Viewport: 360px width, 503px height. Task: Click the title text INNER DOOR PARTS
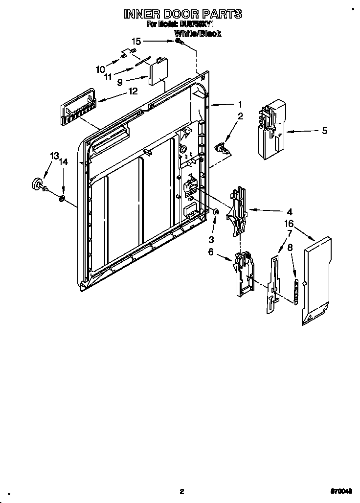[182, 14]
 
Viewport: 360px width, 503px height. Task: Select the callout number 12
[133, 91]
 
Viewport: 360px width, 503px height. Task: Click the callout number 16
[289, 224]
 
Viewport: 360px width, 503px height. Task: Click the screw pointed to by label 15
[180, 43]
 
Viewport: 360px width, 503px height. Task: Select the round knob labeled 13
[37, 183]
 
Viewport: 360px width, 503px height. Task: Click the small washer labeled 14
[63, 198]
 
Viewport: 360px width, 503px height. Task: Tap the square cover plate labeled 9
[158, 72]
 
